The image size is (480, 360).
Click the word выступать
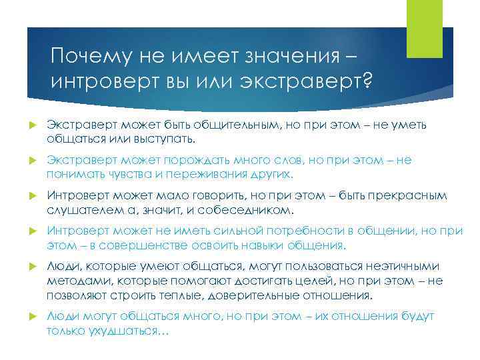click(x=169, y=139)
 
